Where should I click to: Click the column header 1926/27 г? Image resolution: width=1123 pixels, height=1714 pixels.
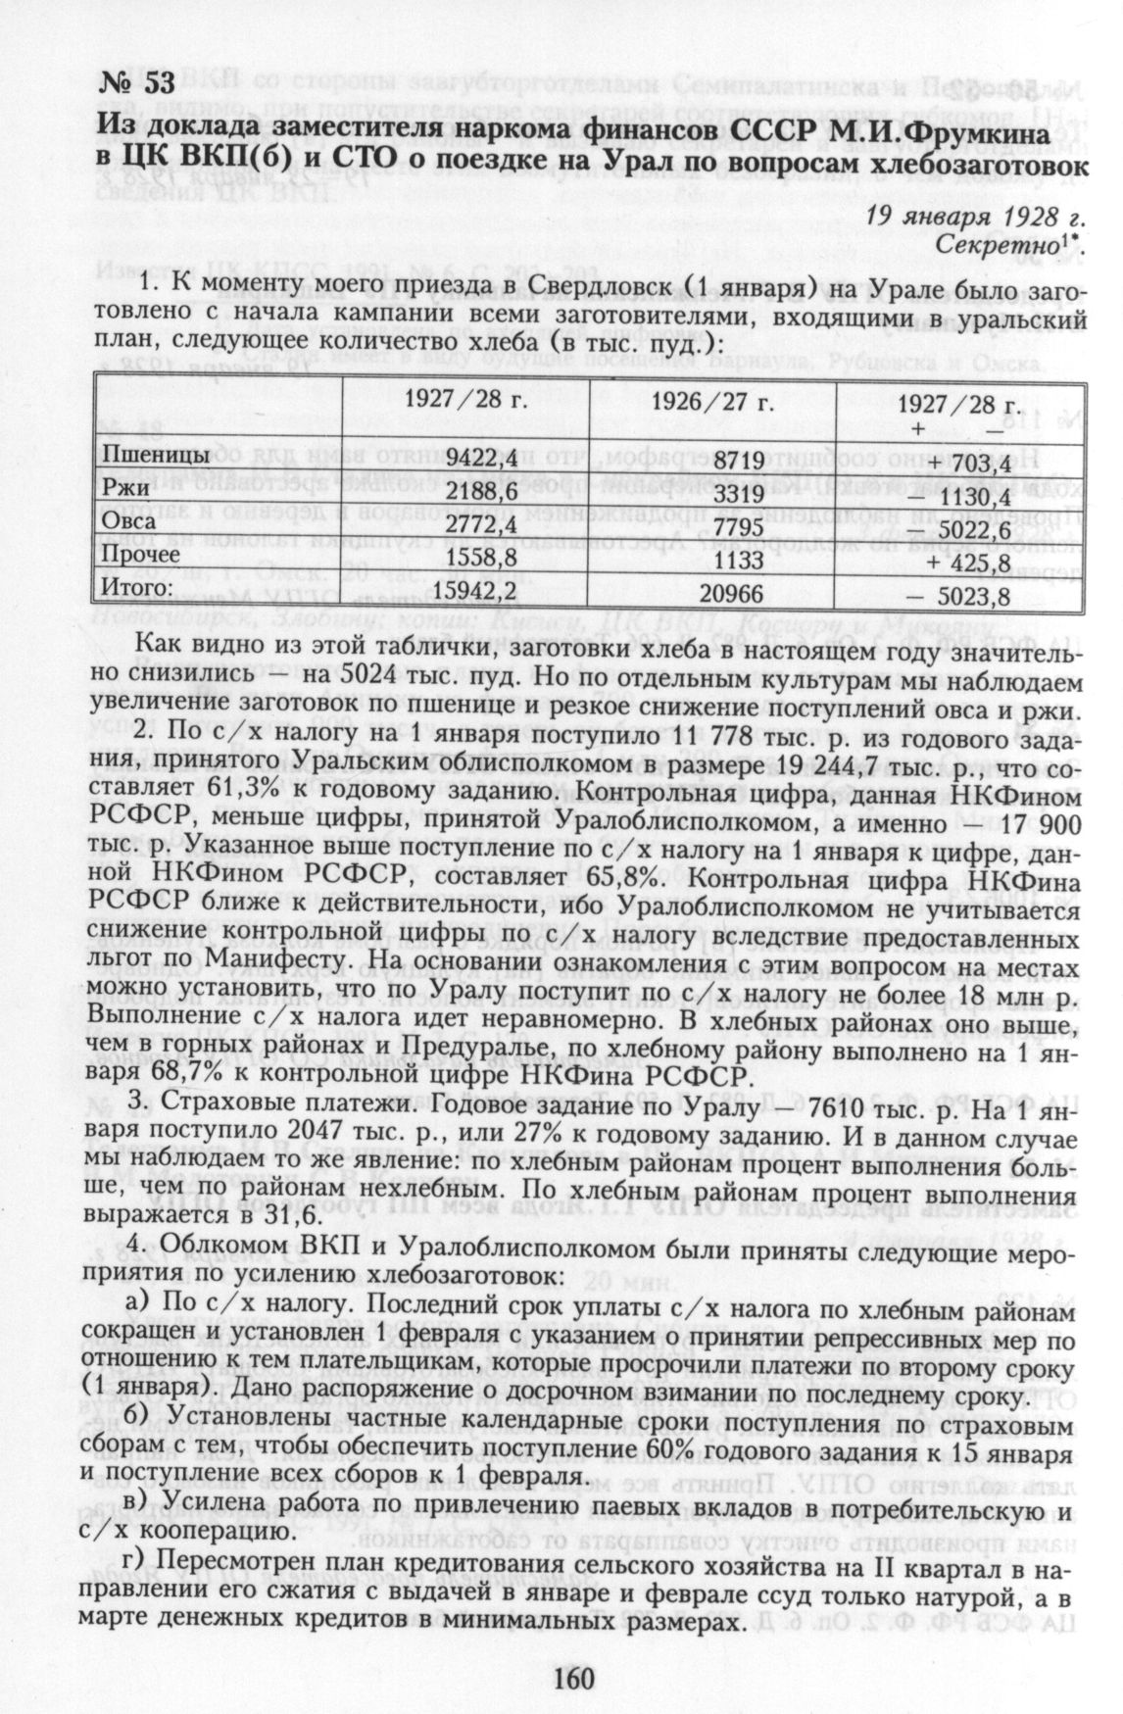click(713, 404)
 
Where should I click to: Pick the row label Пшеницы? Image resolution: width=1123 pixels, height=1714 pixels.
click(154, 456)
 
